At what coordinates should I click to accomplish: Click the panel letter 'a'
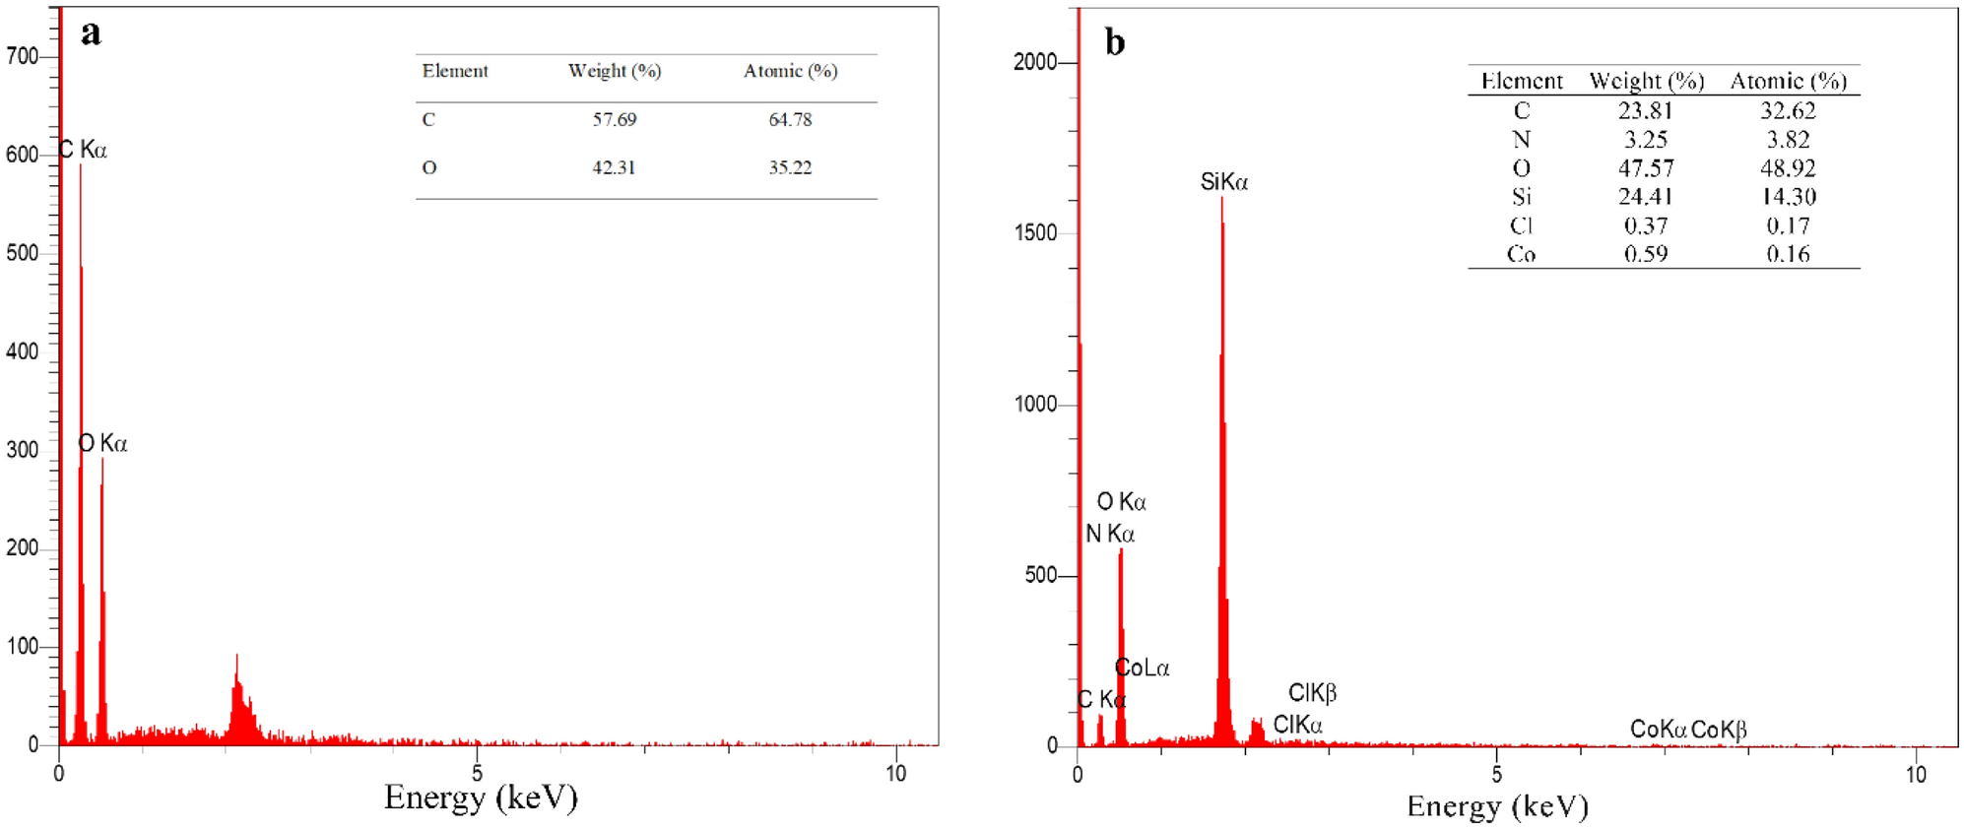[x=91, y=34]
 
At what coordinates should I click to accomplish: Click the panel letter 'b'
[x=1114, y=43]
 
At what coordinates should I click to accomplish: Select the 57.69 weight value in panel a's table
[x=614, y=120]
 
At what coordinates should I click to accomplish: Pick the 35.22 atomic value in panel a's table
[x=790, y=168]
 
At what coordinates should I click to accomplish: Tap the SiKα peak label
[x=1223, y=182]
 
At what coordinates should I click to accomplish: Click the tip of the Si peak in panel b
[x=1222, y=200]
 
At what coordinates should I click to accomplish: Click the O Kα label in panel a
[x=103, y=444]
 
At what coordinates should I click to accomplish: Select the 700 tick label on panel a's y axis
[x=22, y=57]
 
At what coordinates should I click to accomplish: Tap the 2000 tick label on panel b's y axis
[x=1034, y=62]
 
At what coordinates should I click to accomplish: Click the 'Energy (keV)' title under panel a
[x=481, y=797]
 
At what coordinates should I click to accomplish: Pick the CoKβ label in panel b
[x=1719, y=730]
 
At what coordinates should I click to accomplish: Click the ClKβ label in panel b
[x=1312, y=693]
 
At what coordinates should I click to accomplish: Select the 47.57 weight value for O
[x=1645, y=168]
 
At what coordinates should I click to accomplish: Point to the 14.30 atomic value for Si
[x=1788, y=197]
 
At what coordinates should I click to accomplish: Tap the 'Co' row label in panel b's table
[x=1521, y=254]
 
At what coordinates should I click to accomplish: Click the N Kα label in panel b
[x=1110, y=534]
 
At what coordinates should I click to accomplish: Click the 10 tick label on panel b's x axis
[x=1915, y=774]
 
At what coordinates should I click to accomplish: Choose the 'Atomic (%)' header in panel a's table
[x=790, y=71]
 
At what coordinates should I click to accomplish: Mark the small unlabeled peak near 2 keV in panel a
[x=237, y=658]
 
